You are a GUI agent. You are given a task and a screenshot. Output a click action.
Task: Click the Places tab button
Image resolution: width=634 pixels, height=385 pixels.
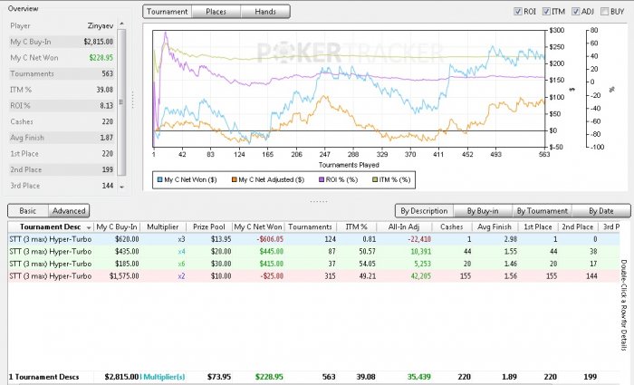216,12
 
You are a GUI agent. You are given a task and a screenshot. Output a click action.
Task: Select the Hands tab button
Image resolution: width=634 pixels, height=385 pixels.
265,12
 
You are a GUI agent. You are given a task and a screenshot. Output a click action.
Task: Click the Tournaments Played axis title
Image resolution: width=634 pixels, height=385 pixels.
349,166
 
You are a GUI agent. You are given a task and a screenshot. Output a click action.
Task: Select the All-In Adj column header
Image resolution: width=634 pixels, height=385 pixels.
405,226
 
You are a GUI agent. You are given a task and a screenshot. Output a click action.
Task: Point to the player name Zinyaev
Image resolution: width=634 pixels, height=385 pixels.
101,25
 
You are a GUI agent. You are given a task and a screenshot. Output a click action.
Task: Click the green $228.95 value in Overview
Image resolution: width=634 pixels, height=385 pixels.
99,57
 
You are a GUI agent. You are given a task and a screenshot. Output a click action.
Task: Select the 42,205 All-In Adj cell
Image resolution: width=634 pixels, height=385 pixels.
417,273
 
